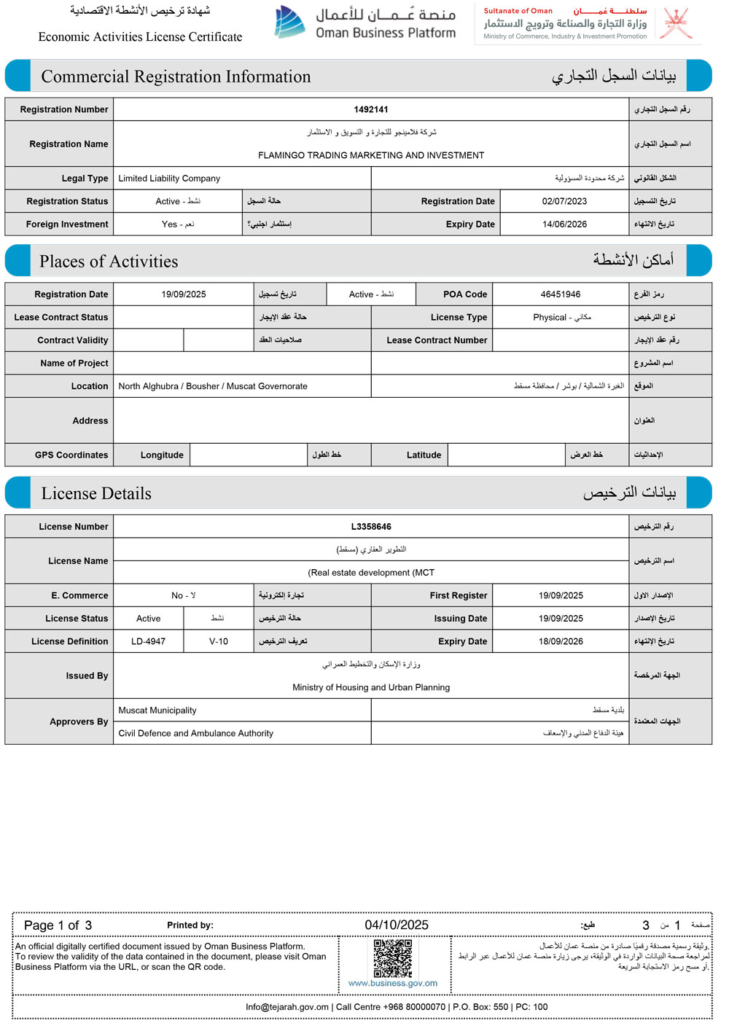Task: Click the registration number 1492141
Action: coord(371,109)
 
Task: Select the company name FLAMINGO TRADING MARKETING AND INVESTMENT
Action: coord(371,155)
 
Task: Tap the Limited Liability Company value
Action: coord(169,179)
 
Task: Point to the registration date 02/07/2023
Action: coord(564,201)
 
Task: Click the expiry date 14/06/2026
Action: coord(564,224)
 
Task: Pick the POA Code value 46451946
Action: coord(561,294)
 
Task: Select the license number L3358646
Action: coord(371,526)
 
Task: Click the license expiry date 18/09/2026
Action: coord(561,641)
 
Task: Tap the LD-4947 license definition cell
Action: coord(148,641)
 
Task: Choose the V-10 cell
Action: coord(219,641)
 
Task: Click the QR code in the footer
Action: coord(393,958)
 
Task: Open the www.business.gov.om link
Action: coord(393,983)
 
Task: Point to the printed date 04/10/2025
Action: coord(397,925)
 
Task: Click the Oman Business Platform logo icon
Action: coord(289,22)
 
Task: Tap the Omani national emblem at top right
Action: coord(676,23)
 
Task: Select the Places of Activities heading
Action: coord(109,262)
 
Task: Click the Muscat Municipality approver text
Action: coord(157,710)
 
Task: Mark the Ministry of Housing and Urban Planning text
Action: coord(371,687)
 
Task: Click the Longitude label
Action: coord(162,455)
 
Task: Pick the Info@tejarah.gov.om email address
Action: coord(287,1007)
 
